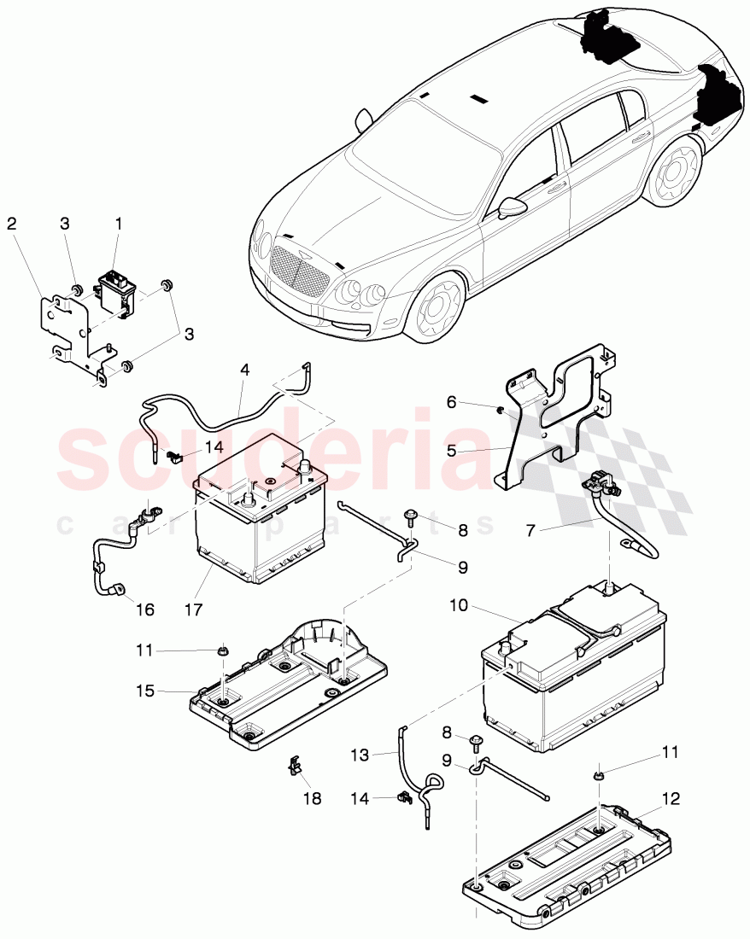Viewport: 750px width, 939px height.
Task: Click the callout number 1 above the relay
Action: tap(119, 224)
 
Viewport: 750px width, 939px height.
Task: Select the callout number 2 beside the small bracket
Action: tap(11, 224)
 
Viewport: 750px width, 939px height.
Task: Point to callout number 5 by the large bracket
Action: tap(451, 450)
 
